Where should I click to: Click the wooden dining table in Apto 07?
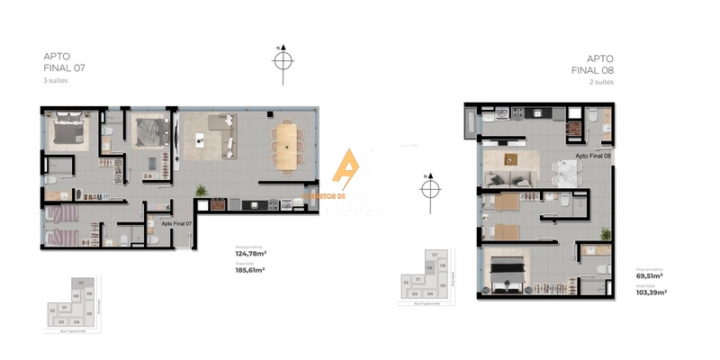(287, 145)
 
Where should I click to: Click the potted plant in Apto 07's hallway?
(202, 190)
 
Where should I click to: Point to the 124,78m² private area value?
(250, 254)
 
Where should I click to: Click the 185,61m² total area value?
(250, 269)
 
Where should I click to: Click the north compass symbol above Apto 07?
(283, 60)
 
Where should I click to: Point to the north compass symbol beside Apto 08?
(429, 188)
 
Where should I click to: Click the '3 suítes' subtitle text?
(56, 80)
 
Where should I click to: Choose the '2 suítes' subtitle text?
(601, 82)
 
